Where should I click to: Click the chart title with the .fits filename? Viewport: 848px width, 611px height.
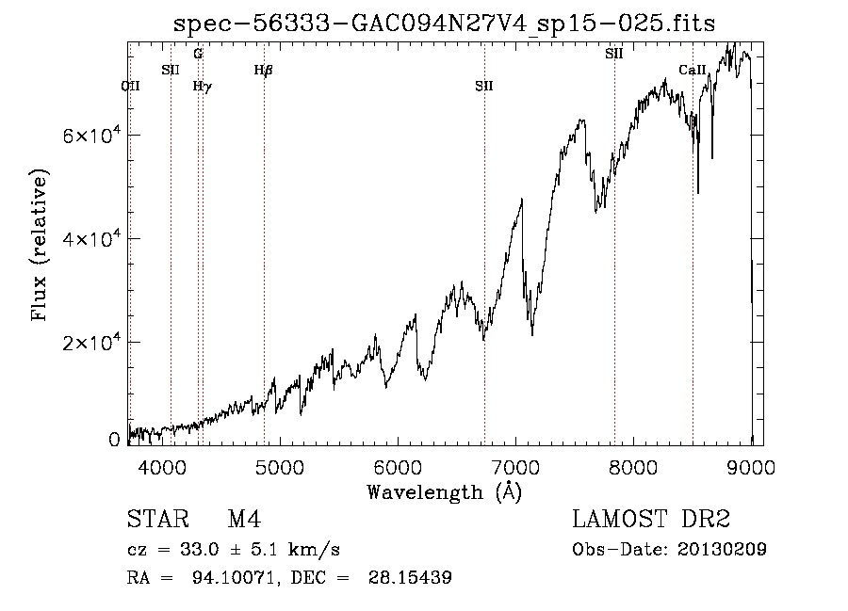click(444, 24)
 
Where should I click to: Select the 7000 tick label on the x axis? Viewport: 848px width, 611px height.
click(516, 467)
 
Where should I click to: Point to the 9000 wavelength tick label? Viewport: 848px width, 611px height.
click(751, 467)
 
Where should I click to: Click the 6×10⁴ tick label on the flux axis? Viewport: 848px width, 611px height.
click(91, 134)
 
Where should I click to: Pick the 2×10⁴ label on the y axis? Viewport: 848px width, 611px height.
click(91, 341)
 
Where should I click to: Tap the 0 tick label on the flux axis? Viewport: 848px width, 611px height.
click(114, 440)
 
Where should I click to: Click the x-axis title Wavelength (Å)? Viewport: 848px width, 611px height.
click(445, 492)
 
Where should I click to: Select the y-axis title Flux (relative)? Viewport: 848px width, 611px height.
click(40, 245)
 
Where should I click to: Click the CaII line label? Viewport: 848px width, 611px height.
click(693, 70)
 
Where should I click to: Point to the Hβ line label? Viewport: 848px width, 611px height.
click(264, 71)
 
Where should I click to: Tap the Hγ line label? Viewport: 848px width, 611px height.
click(203, 87)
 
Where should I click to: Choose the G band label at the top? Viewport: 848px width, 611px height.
click(198, 54)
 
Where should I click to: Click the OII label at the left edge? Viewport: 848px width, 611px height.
click(130, 87)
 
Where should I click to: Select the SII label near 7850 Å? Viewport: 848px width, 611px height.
click(613, 54)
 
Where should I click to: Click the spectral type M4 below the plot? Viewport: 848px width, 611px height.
click(244, 519)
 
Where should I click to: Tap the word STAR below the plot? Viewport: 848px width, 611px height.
click(158, 519)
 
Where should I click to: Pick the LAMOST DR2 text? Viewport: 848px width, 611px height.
click(651, 519)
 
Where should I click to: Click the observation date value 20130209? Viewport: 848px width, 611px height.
click(722, 550)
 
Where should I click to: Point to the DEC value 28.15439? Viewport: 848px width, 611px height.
click(410, 577)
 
